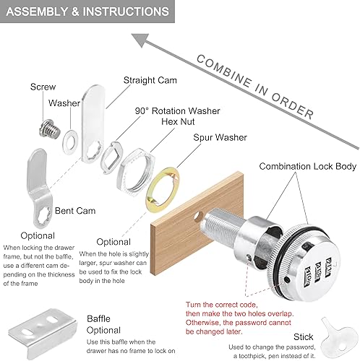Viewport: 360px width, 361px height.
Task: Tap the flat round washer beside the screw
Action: [71, 137]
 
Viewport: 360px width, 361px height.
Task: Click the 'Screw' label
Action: [43, 87]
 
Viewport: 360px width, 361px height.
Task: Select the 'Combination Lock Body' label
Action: [308, 166]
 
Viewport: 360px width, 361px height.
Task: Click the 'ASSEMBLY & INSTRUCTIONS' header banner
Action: [87, 12]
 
